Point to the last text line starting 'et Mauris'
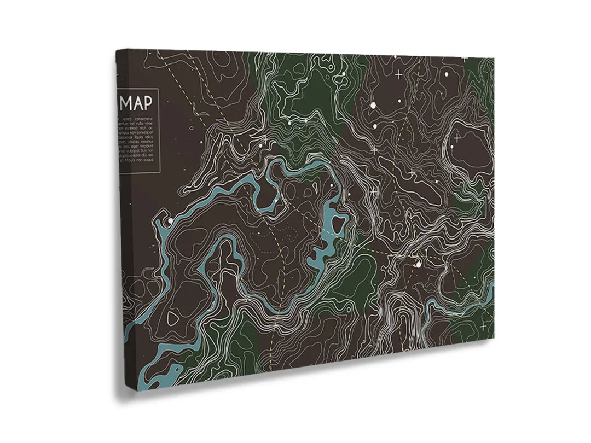click(x=137, y=162)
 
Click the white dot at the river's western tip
click(x=170, y=220)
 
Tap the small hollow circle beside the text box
click(x=191, y=129)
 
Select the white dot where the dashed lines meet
click(x=419, y=264)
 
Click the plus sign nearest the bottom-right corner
click(x=483, y=325)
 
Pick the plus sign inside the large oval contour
click(x=457, y=138)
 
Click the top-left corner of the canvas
click(x=117, y=50)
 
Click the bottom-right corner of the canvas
click(x=494, y=337)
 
